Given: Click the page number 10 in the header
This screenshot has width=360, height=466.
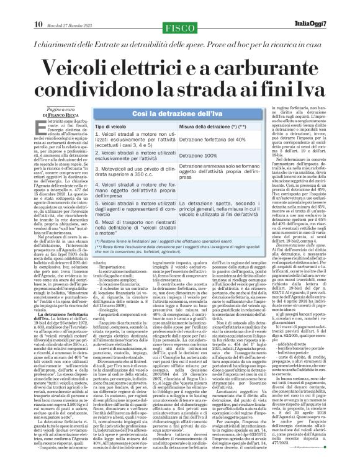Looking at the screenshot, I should click(11, 7).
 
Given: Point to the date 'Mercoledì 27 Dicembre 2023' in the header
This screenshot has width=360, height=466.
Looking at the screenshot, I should click(51, 7).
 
